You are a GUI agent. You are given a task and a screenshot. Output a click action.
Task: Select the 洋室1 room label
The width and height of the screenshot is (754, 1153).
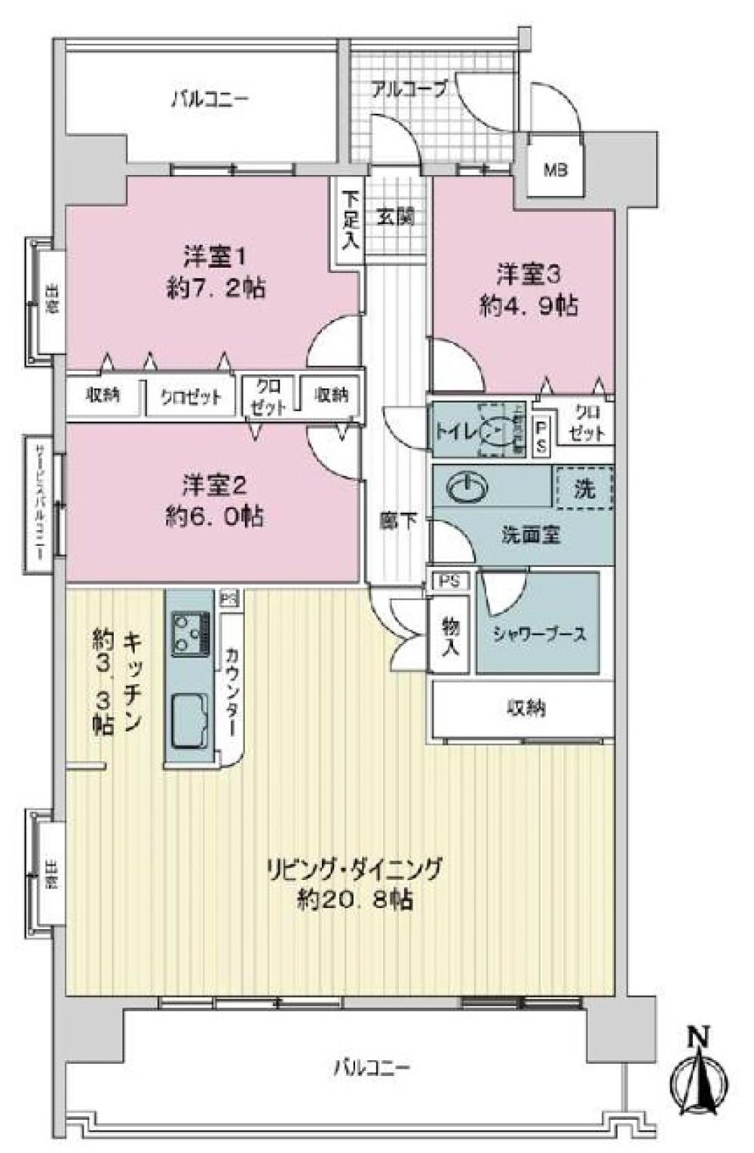(215, 258)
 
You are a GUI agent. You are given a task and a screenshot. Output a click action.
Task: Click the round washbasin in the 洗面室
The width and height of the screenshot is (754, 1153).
(465, 489)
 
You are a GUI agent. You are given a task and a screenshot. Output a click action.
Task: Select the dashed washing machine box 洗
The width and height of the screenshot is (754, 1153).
(584, 489)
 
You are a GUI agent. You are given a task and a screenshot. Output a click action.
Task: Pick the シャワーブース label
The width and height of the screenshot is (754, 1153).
(538, 634)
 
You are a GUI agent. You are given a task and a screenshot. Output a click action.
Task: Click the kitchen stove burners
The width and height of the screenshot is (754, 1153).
(191, 632)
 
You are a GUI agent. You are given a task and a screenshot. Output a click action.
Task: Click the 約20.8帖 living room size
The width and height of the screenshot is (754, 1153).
(354, 900)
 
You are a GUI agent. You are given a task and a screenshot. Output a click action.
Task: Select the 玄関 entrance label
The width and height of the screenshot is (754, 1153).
(396, 217)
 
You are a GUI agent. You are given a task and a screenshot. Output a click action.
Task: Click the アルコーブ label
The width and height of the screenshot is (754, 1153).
(409, 88)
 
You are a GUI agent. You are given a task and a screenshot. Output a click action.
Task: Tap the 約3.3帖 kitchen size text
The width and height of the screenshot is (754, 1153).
(102, 682)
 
